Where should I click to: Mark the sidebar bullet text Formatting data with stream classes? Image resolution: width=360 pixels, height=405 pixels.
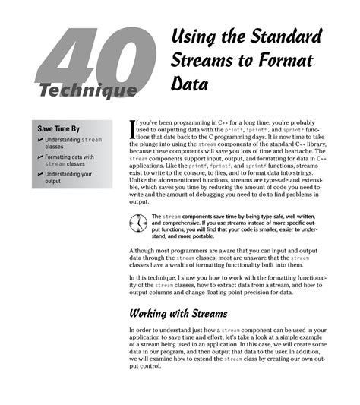tap(70, 160)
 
